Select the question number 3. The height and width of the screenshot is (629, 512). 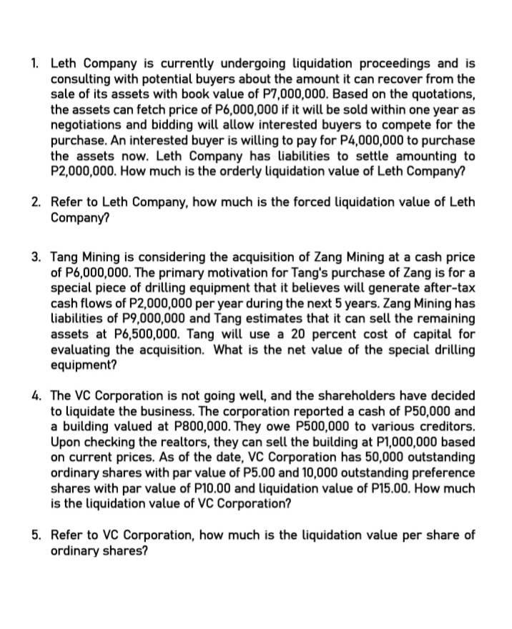tap(36, 257)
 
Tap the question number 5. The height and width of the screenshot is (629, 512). tap(36, 535)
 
